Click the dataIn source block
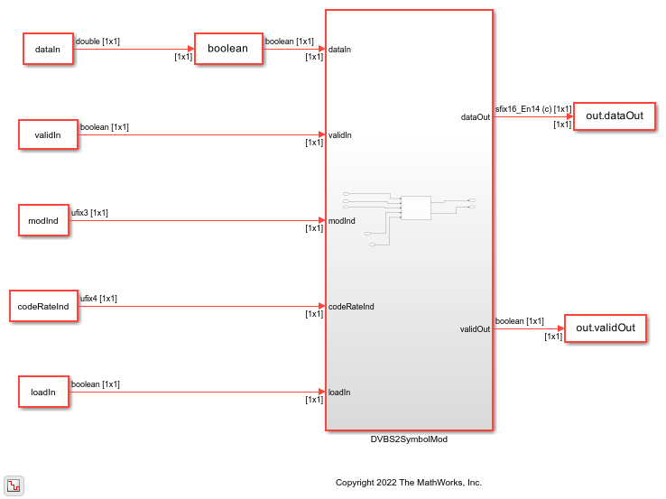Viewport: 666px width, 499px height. pyautogui.click(x=48, y=49)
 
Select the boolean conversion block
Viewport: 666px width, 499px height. pyautogui.click(x=228, y=49)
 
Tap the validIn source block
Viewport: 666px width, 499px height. pyautogui.click(x=48, y=134)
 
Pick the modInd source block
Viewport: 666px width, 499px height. pyautogui.click(x=43, y=220)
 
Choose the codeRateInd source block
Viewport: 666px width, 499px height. pyautogui.click(x=43, y=306)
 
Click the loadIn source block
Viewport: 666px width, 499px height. pyautogui.click(x=43, y=392)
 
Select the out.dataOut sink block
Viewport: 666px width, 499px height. pyautogui.click(x=615, y=116)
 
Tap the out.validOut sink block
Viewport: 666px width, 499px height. pyautogui.click(x=606, y=328)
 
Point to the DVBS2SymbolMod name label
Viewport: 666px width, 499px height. pyautogui.click(x=409, y=439)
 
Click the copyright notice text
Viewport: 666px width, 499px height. pyautogui.click(x=409, y=483)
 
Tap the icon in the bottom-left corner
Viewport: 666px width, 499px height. pyautogui.click(x=14, y=485)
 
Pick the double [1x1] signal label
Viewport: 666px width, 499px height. pyautogui.click(x=97, y=42)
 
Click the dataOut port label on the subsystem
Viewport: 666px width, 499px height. pyautogui.click(x=476, y=116)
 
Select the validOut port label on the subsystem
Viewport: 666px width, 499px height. pyautogui.click(x=475, y=329)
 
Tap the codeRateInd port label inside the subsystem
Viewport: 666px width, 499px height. pyautogui.click(x=351, y=307)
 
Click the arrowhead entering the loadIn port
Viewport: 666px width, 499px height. pyautogui.click(x=322, y=392)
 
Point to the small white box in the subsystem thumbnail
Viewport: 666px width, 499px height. pyautogui.click(x=416, y=208)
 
